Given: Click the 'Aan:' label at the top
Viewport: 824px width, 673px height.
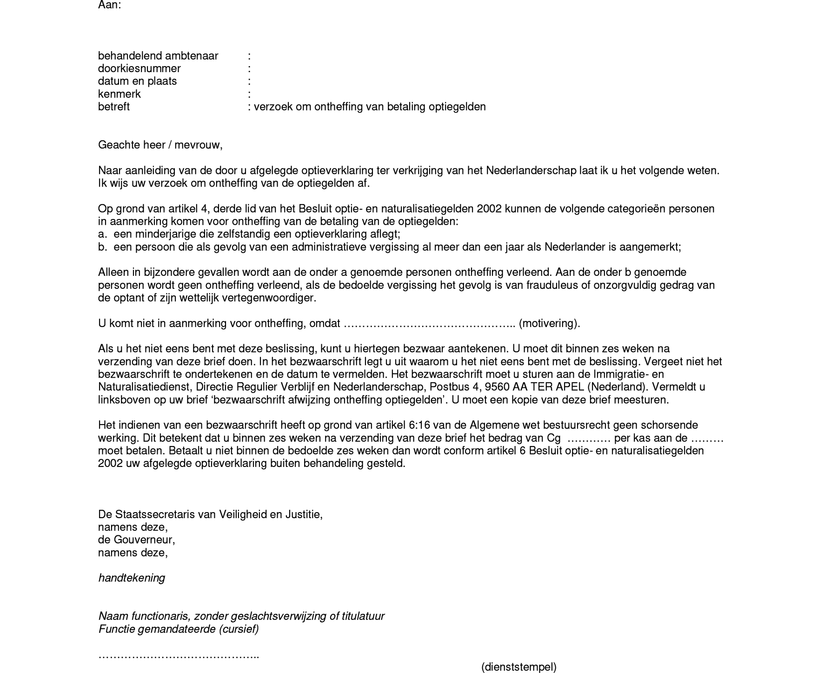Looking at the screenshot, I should (x=109, y=5).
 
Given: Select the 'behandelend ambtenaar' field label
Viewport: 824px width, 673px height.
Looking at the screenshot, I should (x=158, y=56).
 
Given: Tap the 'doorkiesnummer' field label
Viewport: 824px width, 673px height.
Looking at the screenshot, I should (x=139, y=68).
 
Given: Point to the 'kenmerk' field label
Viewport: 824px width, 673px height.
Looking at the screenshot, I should (x=119, y=94).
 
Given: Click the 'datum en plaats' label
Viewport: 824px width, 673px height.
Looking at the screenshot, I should (x=137, y=81).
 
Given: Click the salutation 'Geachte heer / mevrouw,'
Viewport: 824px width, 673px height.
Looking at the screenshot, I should (x=160, y=145).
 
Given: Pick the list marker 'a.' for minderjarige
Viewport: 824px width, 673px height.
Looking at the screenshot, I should (x=102, y=234).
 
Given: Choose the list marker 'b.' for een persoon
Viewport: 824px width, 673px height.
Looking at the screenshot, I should (x=102, y=247).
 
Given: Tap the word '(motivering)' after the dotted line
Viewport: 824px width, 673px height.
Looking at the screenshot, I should (x=549, y=323).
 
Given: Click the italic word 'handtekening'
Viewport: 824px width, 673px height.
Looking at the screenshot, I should (x=132, y=578).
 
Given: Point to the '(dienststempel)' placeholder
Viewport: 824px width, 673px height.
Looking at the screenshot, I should (x=518, y=667).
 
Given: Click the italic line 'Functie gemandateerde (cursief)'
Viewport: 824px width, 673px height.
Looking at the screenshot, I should (x=179, y=629).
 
